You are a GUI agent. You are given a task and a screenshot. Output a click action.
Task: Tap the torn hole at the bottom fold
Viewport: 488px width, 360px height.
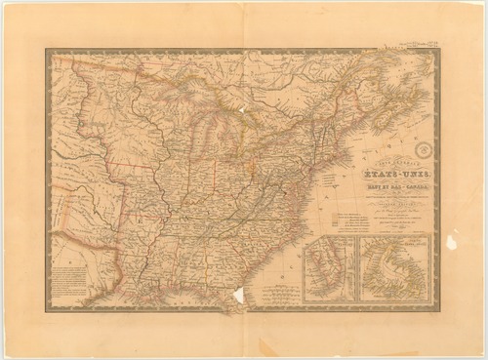pos(238,297)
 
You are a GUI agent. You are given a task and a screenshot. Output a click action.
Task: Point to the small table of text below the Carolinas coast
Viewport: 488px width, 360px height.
pos(283,291)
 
